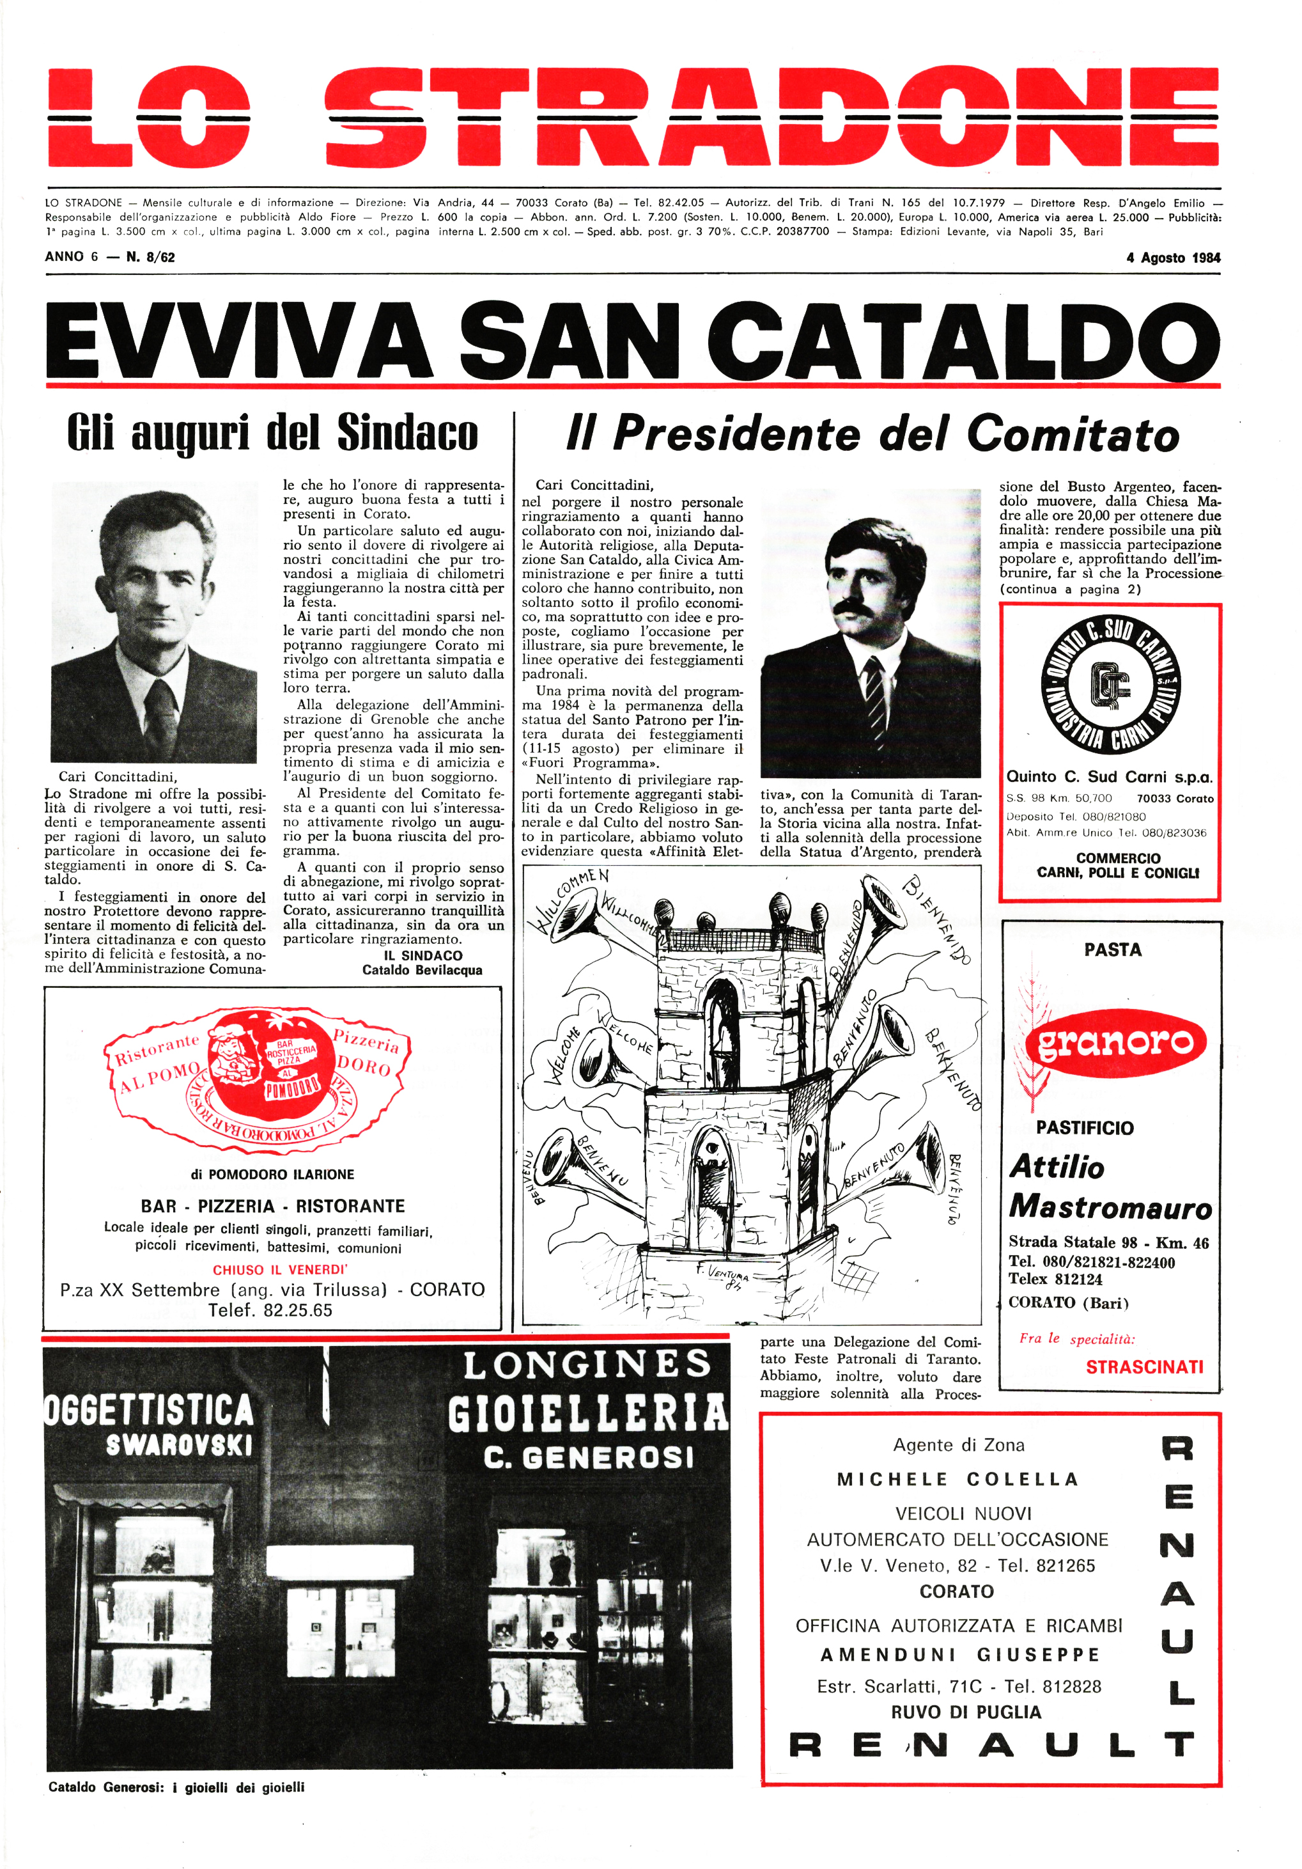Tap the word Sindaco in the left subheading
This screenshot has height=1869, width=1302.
[407, 432]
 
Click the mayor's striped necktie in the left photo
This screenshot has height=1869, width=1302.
[160, 716]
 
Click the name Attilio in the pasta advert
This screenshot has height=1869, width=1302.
[1057, 1168]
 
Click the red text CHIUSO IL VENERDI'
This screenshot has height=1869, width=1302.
[280, 1269]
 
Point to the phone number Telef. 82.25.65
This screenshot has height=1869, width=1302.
[270, 1310]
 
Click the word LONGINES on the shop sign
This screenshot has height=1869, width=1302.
[587, 1365]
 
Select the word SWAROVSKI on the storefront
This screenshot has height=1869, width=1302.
[179, 1445]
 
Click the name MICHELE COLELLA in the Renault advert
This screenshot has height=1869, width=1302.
[957, 1479]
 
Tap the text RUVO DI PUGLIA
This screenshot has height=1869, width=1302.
[965, 1712]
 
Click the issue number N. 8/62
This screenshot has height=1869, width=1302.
[151, 257]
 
